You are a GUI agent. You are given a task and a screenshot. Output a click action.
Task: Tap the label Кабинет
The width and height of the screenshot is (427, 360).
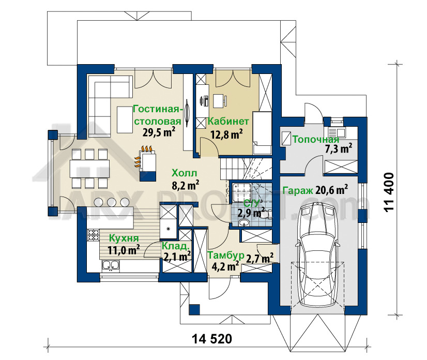(228, 122)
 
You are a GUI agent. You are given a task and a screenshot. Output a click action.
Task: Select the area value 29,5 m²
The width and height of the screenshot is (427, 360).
(159, 132)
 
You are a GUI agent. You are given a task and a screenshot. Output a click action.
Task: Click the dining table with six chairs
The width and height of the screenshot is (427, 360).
(89, 169)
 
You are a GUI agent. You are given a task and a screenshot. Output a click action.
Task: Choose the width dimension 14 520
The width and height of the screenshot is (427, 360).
(212, 339)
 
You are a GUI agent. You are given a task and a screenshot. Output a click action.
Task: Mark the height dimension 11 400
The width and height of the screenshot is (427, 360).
(389, 192)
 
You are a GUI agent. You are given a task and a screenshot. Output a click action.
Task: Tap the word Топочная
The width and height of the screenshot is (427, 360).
(316, 140)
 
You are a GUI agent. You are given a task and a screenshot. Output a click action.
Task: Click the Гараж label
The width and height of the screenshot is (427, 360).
(298, 190)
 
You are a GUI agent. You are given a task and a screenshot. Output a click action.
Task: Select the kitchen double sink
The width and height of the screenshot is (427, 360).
(111, 265)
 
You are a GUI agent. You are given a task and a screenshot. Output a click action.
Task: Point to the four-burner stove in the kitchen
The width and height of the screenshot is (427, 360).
(94, 235)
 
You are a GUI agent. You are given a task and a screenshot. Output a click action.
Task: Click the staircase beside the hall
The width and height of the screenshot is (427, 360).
(246, 169)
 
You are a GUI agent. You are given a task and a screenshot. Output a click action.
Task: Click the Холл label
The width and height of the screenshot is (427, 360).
(185, 173)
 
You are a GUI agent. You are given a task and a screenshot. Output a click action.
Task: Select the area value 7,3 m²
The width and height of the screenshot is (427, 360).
(339, 148)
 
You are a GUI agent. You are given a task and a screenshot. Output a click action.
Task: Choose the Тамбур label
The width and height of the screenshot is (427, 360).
(226, 256)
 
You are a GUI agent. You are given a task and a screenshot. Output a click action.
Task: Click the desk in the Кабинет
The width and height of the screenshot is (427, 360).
(220, 101)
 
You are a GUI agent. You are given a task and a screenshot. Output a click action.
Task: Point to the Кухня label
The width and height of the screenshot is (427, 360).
(124, 238)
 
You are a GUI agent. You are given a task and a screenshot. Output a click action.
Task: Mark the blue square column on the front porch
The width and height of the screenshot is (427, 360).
(194, 309)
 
